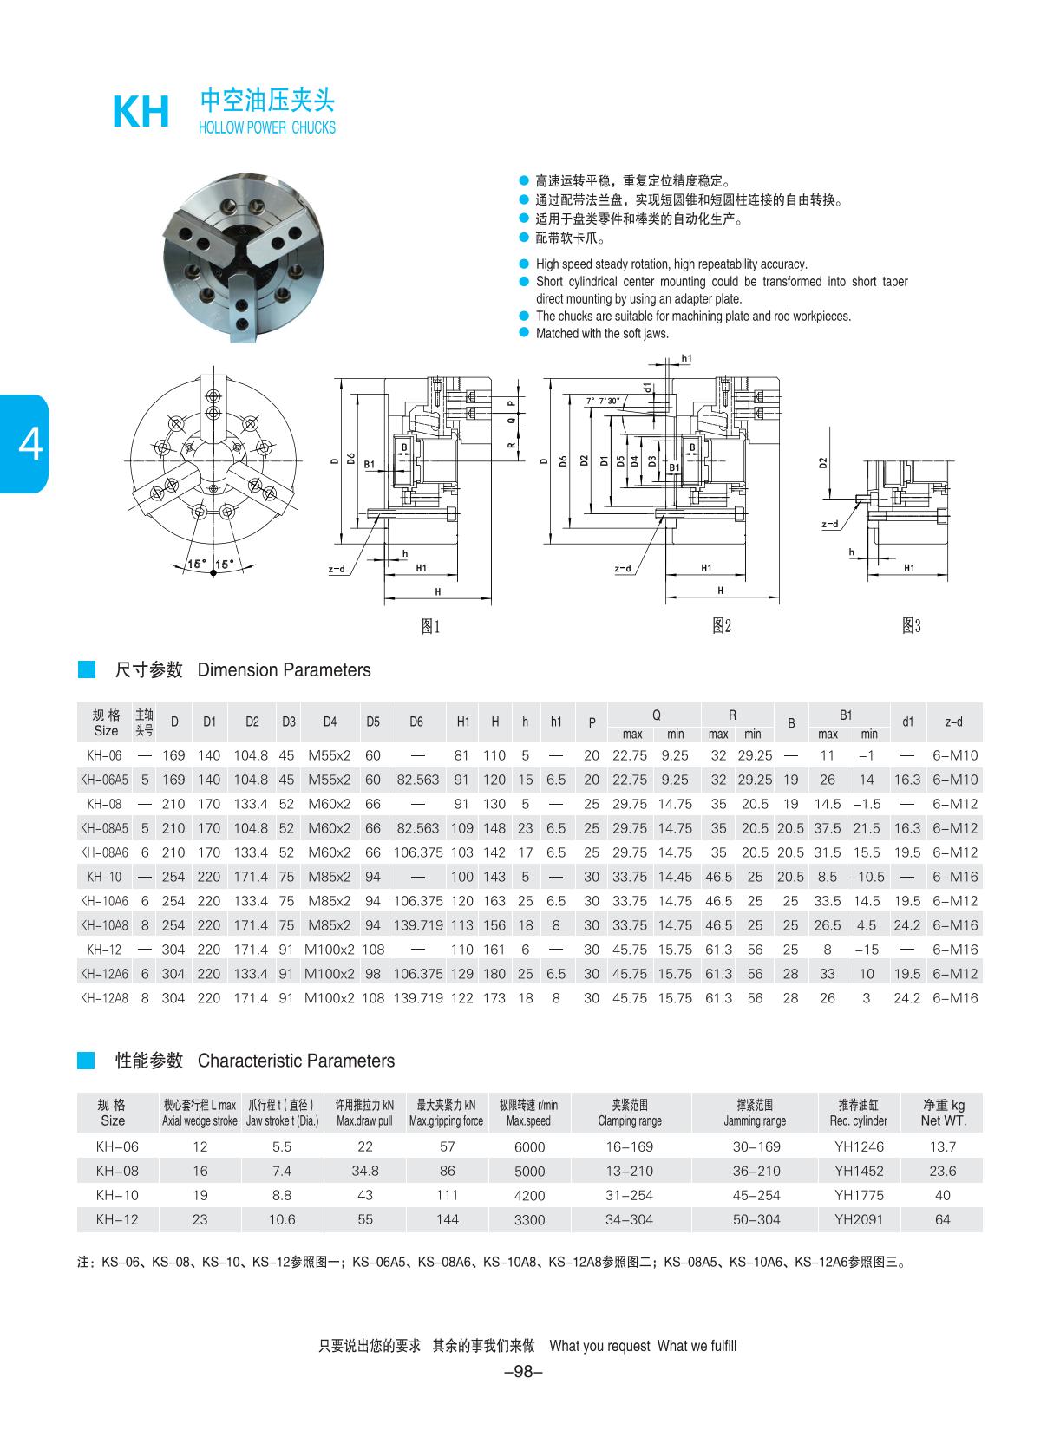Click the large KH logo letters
(141, 113)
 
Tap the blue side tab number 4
(29, 444)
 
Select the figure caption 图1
(431, 626)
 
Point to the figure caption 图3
(911, 625)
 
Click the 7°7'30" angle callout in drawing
(603, 401)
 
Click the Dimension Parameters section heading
(284, 670)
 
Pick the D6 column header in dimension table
(416, 722)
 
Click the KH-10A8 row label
(104, 925)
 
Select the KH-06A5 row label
(104, 780)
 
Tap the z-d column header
(954, 722)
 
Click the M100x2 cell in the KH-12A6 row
(330, 974)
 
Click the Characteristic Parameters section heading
(296, 1061)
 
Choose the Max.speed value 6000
(529, 1146)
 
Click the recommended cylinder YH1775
(859, 1195)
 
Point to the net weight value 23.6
(942, 1171)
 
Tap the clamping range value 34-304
(630, 1219)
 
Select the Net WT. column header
(943, 1113)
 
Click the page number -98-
(523, 1372)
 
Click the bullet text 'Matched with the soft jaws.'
(602, 334)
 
